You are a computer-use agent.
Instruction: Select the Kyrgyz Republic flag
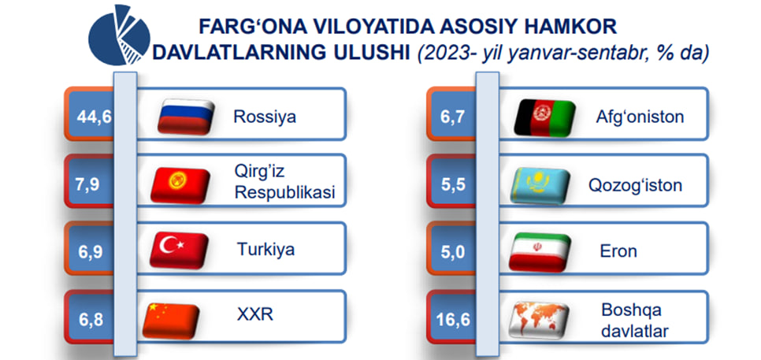[x=180, y=184]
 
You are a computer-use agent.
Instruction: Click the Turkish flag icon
[x=179, y=251]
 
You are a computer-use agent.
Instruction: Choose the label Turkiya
[x=265, y=250]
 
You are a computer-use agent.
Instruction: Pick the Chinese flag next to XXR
[x=171, y=320]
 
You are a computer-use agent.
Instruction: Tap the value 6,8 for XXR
[x=91, y=321]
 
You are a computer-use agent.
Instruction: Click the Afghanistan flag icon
[x=544, y=117]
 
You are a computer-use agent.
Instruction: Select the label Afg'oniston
[x=640, y=117]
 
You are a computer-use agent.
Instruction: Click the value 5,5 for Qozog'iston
[x=453, y=185]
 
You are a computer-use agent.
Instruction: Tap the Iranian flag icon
[x=540, y=252]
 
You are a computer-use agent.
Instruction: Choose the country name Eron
[x=618, y=251]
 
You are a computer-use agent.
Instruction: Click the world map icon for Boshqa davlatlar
[x=538, y=320]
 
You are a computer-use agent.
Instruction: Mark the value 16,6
[x=453, y=321]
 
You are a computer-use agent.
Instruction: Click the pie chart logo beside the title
[x=120, y=35]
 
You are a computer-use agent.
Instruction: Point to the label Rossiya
[x=265, y=117]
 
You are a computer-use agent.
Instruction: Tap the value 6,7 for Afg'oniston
[x=452, y=117]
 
